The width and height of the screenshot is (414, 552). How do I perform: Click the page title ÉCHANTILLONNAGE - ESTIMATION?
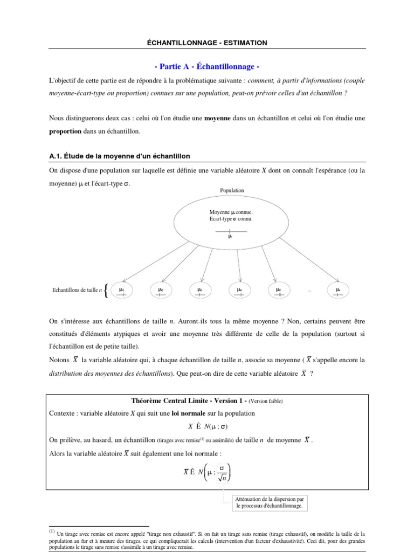(x=207, y=43)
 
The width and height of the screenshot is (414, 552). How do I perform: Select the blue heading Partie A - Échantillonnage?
(x=207, y=66)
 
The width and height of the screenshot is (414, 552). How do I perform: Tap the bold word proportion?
(x=65, y=131)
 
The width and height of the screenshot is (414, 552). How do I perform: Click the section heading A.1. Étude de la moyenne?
(x=119, y=156)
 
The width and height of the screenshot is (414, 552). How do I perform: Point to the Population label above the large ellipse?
(x=232, y=190)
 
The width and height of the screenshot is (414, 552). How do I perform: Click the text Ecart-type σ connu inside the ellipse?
(x=231, y=219)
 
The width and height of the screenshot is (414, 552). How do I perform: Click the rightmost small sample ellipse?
(x=338, y=290)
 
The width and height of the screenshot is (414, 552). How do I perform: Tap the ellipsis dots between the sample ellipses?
(x=309, y=291)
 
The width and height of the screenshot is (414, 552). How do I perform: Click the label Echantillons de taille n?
(x=76, y=290)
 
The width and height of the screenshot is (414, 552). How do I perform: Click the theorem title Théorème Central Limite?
(x=177, y=401)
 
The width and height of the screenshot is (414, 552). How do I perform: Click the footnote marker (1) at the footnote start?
(x=52, y=532)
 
